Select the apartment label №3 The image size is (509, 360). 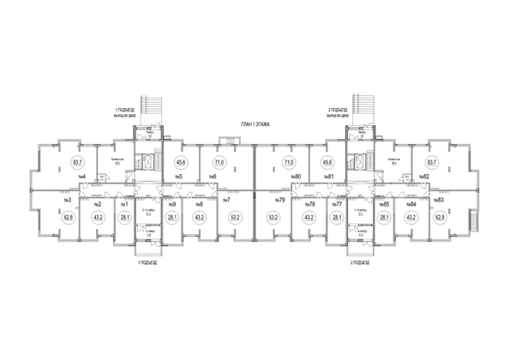(x=66, y=201)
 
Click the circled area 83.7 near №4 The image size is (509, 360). (x=78, y=161)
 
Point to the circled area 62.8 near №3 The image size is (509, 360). (x=69, y=218)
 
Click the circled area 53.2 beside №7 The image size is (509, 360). (x=233, y=218)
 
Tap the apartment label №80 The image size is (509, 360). (x=293, y=177)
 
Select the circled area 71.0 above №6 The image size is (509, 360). (x=219, y=161)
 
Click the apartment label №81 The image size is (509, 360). (x=328, y=177)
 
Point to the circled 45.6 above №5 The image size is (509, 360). (x=181, y=161)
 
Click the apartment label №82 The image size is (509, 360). (x=424, y=177)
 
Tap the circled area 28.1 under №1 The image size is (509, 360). (x=125, y=218)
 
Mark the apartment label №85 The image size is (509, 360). (x=386, y=204)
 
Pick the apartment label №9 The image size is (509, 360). (x=172, y=204)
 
